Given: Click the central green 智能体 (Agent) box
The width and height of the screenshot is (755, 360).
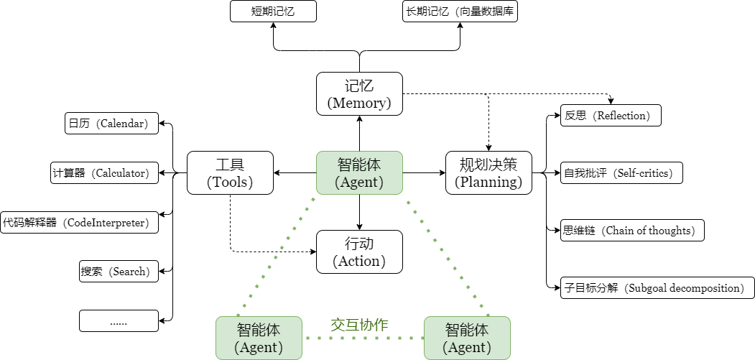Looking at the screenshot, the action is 359,173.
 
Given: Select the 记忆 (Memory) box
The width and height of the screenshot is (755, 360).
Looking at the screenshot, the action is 359,93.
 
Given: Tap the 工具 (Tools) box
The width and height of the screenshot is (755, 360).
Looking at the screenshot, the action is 230,173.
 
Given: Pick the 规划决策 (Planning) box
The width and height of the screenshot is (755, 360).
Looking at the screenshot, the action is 488,173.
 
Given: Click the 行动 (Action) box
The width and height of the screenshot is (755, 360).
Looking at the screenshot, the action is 359,251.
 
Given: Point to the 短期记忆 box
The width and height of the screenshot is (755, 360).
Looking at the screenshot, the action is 273,11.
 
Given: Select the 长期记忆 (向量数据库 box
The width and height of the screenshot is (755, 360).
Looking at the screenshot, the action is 460,11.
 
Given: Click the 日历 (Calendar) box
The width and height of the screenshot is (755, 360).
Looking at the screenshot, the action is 111,124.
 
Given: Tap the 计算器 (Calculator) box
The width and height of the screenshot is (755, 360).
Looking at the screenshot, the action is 104,172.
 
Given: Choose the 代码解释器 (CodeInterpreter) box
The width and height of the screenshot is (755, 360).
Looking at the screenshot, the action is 80,222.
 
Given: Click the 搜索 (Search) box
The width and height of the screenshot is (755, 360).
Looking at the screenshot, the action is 119,272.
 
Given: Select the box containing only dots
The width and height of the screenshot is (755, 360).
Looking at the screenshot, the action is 119,321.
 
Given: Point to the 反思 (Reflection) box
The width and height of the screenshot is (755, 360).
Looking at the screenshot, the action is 611,116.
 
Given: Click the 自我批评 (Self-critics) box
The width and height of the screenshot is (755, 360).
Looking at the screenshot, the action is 621,172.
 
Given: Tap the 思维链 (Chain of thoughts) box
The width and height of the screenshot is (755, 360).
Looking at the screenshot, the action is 632,231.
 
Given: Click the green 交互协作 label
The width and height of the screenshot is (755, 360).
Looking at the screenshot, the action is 359,325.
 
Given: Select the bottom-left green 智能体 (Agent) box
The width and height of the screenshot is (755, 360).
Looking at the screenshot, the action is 259,338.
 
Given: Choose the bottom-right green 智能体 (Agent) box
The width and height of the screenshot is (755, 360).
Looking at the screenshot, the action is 467,338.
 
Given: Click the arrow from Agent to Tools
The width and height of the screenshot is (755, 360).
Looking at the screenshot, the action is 295,173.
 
